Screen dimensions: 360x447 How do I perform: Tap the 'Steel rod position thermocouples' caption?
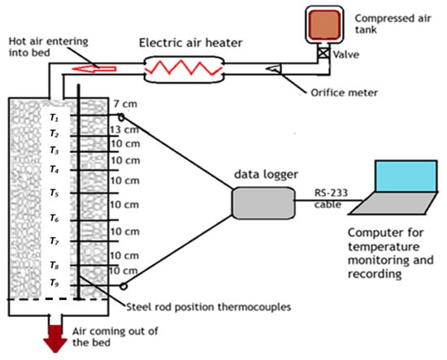[200, 306]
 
